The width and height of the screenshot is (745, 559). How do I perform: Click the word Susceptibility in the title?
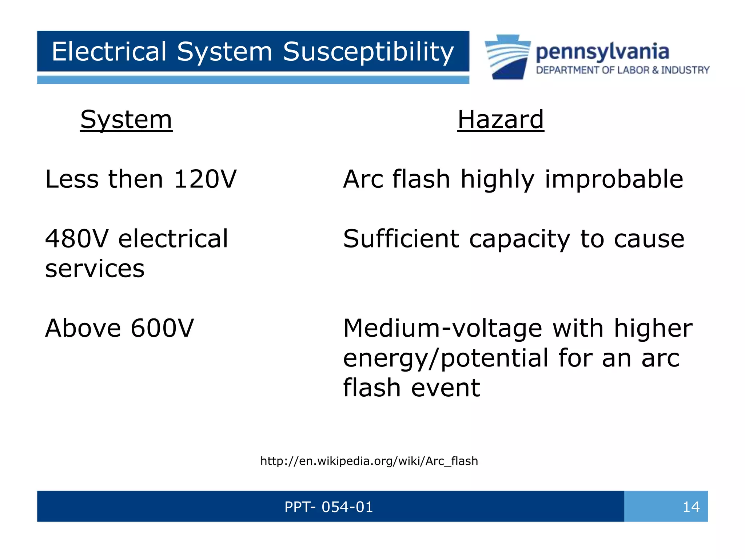pyautogui.click(x=368, y=52)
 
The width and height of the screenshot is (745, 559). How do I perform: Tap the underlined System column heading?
pyautogui.click(x=126, y=120)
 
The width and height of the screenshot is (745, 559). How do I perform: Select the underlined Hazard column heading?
pyautogui.click(x=501, y=120)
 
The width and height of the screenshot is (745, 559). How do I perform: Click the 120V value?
pyautogui.click(x=205, y=179)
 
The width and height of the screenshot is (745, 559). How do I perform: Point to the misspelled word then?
pyautogui.click(x=136, y=179)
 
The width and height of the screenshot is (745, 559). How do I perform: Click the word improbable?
pyautogui.click(x=614, y=179)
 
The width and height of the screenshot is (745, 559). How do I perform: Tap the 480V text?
pyautogui.click(x=76, y=239)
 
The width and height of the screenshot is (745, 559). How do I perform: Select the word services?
pyautogui.click(x=95, y=269)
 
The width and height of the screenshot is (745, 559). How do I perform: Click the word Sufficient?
pyautogui.click(x=401, y=239)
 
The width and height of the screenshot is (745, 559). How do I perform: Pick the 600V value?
pyautogui.click(x=162, y=328)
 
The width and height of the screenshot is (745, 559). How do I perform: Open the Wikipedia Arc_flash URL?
pyautogui.click(x=369, y=461)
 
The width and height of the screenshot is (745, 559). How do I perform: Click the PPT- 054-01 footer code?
pyautogui.click(x=328, y=507)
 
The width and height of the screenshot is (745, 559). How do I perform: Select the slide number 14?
pyautogui.click(x=691, y=507)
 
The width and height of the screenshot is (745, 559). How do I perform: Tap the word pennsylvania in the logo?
pyautogui.click(x=602, y=52)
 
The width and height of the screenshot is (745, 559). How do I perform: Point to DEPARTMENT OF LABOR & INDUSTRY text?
pyautogui.click(x=622, y=70)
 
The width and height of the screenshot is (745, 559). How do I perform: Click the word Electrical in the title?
pyautogui.click(x=109, y=52)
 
